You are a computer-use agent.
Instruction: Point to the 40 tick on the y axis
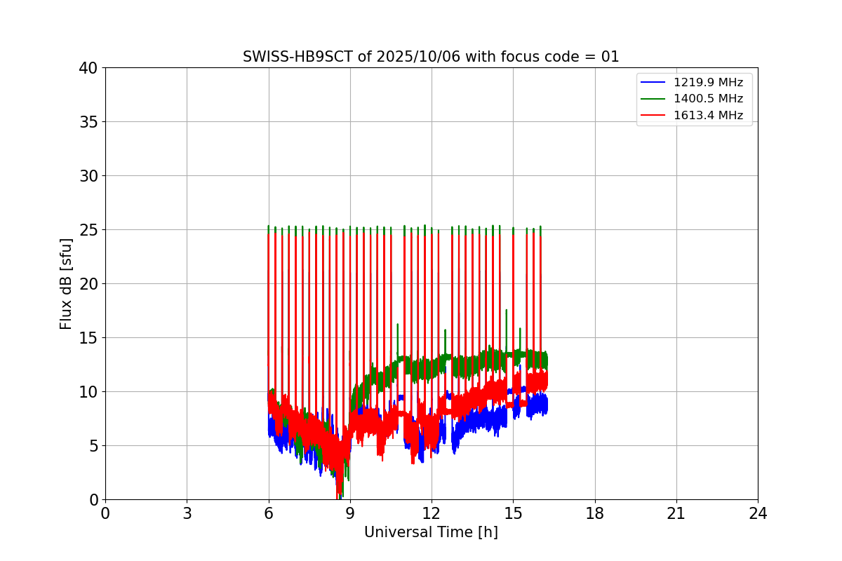tap(88, 68)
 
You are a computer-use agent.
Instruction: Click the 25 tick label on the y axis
tap(88, 230)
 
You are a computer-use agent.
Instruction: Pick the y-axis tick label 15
tap(88, 338)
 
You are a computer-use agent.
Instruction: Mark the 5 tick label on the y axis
tap(93, 446)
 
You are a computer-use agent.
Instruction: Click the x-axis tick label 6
tap(268, 514)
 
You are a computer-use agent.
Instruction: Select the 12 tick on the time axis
tap(432, 514)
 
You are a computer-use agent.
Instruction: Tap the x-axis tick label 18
tap(595, 514)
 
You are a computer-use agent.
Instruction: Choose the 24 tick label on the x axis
tap(758, 514)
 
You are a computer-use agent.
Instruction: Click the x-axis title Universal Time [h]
tap(431, 533)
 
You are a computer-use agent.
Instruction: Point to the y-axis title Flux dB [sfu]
tap(66, 283)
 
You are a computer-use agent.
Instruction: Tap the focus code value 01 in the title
tap(610, 57)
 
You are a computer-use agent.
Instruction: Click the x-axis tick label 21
tap(676, 514)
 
